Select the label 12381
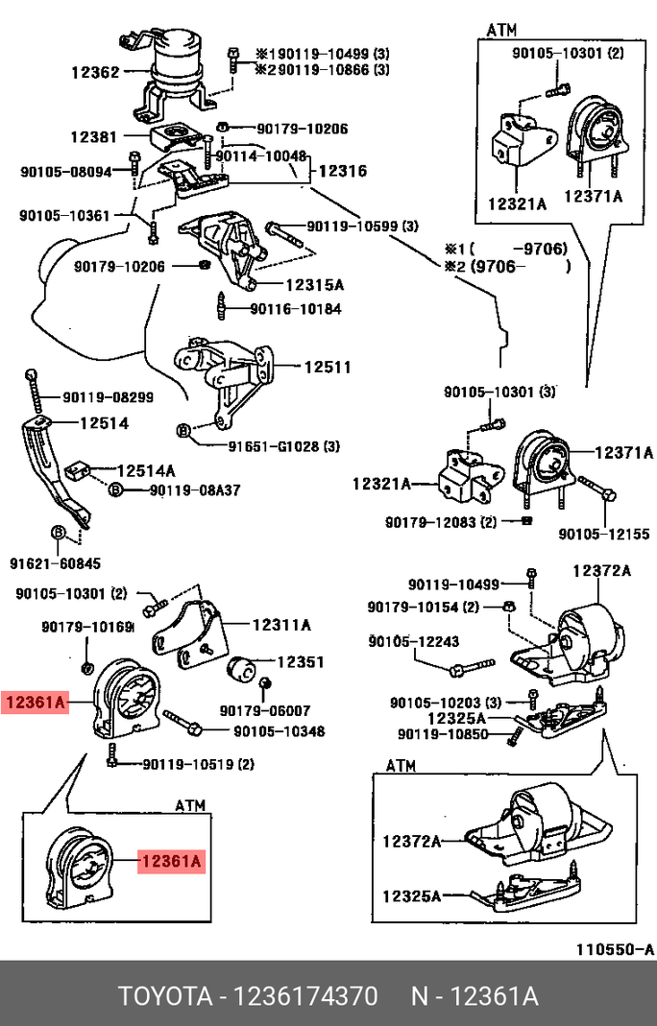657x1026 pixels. [x=92, y=137]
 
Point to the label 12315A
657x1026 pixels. [x=313, y=285]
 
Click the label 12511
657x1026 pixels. [x=328, y=367]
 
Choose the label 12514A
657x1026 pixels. [x=146, y=471]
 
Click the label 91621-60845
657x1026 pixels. [x=55, y=563]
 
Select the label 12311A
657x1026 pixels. [x=282, y=625]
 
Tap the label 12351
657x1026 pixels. [x=301, y=661]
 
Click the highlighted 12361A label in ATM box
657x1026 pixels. [x=170, y=862]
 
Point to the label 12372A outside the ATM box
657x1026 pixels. [x=601, y=570]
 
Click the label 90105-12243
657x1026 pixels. [x=415, y=641]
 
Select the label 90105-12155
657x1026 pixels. [x=604, y=534]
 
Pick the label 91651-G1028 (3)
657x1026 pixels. [x=284, y=446]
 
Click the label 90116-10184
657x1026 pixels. [x=295, y=309]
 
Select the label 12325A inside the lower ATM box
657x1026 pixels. [x=410, y=896]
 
